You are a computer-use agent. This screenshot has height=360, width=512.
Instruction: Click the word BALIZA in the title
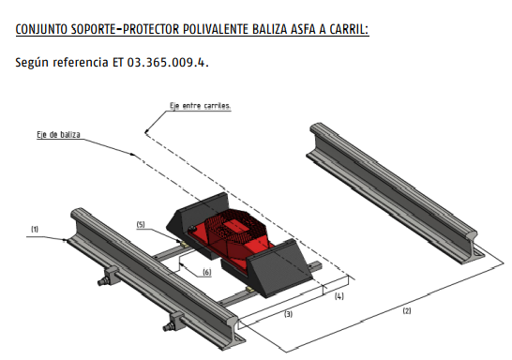click(x=270, y=29)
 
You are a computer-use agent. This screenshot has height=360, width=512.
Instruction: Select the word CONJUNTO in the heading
click(x=41, y=29)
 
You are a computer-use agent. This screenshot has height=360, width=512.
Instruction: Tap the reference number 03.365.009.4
click(x=168, y=62)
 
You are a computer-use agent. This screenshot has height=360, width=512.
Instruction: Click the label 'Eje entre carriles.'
click(x=200, y=106)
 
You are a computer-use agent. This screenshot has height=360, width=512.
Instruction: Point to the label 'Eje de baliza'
click(x=58, y=134)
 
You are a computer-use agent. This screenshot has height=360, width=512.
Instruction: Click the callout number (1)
click(x=35, y=229)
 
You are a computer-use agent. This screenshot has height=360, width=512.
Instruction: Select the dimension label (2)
click(x=407, y=310)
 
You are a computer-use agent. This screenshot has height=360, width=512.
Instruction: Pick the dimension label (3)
click(x=288, y=314)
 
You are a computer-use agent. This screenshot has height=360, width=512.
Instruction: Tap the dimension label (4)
click(x=339, y=296)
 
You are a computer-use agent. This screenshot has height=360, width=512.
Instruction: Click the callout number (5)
click(x=141, y=224)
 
